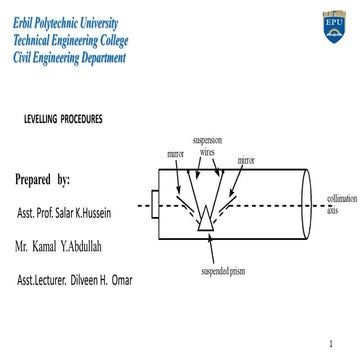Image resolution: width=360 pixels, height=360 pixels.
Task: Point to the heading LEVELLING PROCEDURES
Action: coord(63,120)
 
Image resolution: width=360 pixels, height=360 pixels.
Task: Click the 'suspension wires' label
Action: coord(206,149)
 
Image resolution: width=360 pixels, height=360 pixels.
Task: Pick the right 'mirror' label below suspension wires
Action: coord(246,160)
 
